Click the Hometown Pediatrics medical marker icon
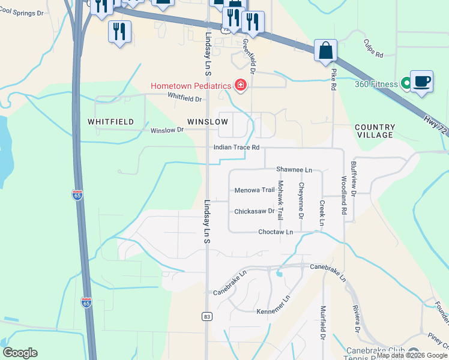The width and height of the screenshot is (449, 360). click(241, 86)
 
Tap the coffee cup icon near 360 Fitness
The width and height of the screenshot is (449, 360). click(421, 81)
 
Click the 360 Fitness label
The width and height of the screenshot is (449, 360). click(376, 85)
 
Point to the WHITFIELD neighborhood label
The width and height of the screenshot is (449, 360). click(110, 122)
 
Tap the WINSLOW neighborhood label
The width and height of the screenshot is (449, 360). click(208, 122)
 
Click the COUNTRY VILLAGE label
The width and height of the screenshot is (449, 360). click(375, 131)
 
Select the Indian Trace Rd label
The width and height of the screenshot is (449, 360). click(237, 147)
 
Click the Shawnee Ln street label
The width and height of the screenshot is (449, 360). click(294, 170)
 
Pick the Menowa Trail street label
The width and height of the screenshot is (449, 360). click(255, 191)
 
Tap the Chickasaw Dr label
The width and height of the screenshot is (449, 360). click(255, 211)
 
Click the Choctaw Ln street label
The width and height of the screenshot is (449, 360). click(276, 232)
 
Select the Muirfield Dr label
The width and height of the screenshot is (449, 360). click(323, 323)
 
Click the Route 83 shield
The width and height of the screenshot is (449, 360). click(207, 317)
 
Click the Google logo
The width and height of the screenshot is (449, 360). click(20, 353)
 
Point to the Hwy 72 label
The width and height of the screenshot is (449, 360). click(435, 124)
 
